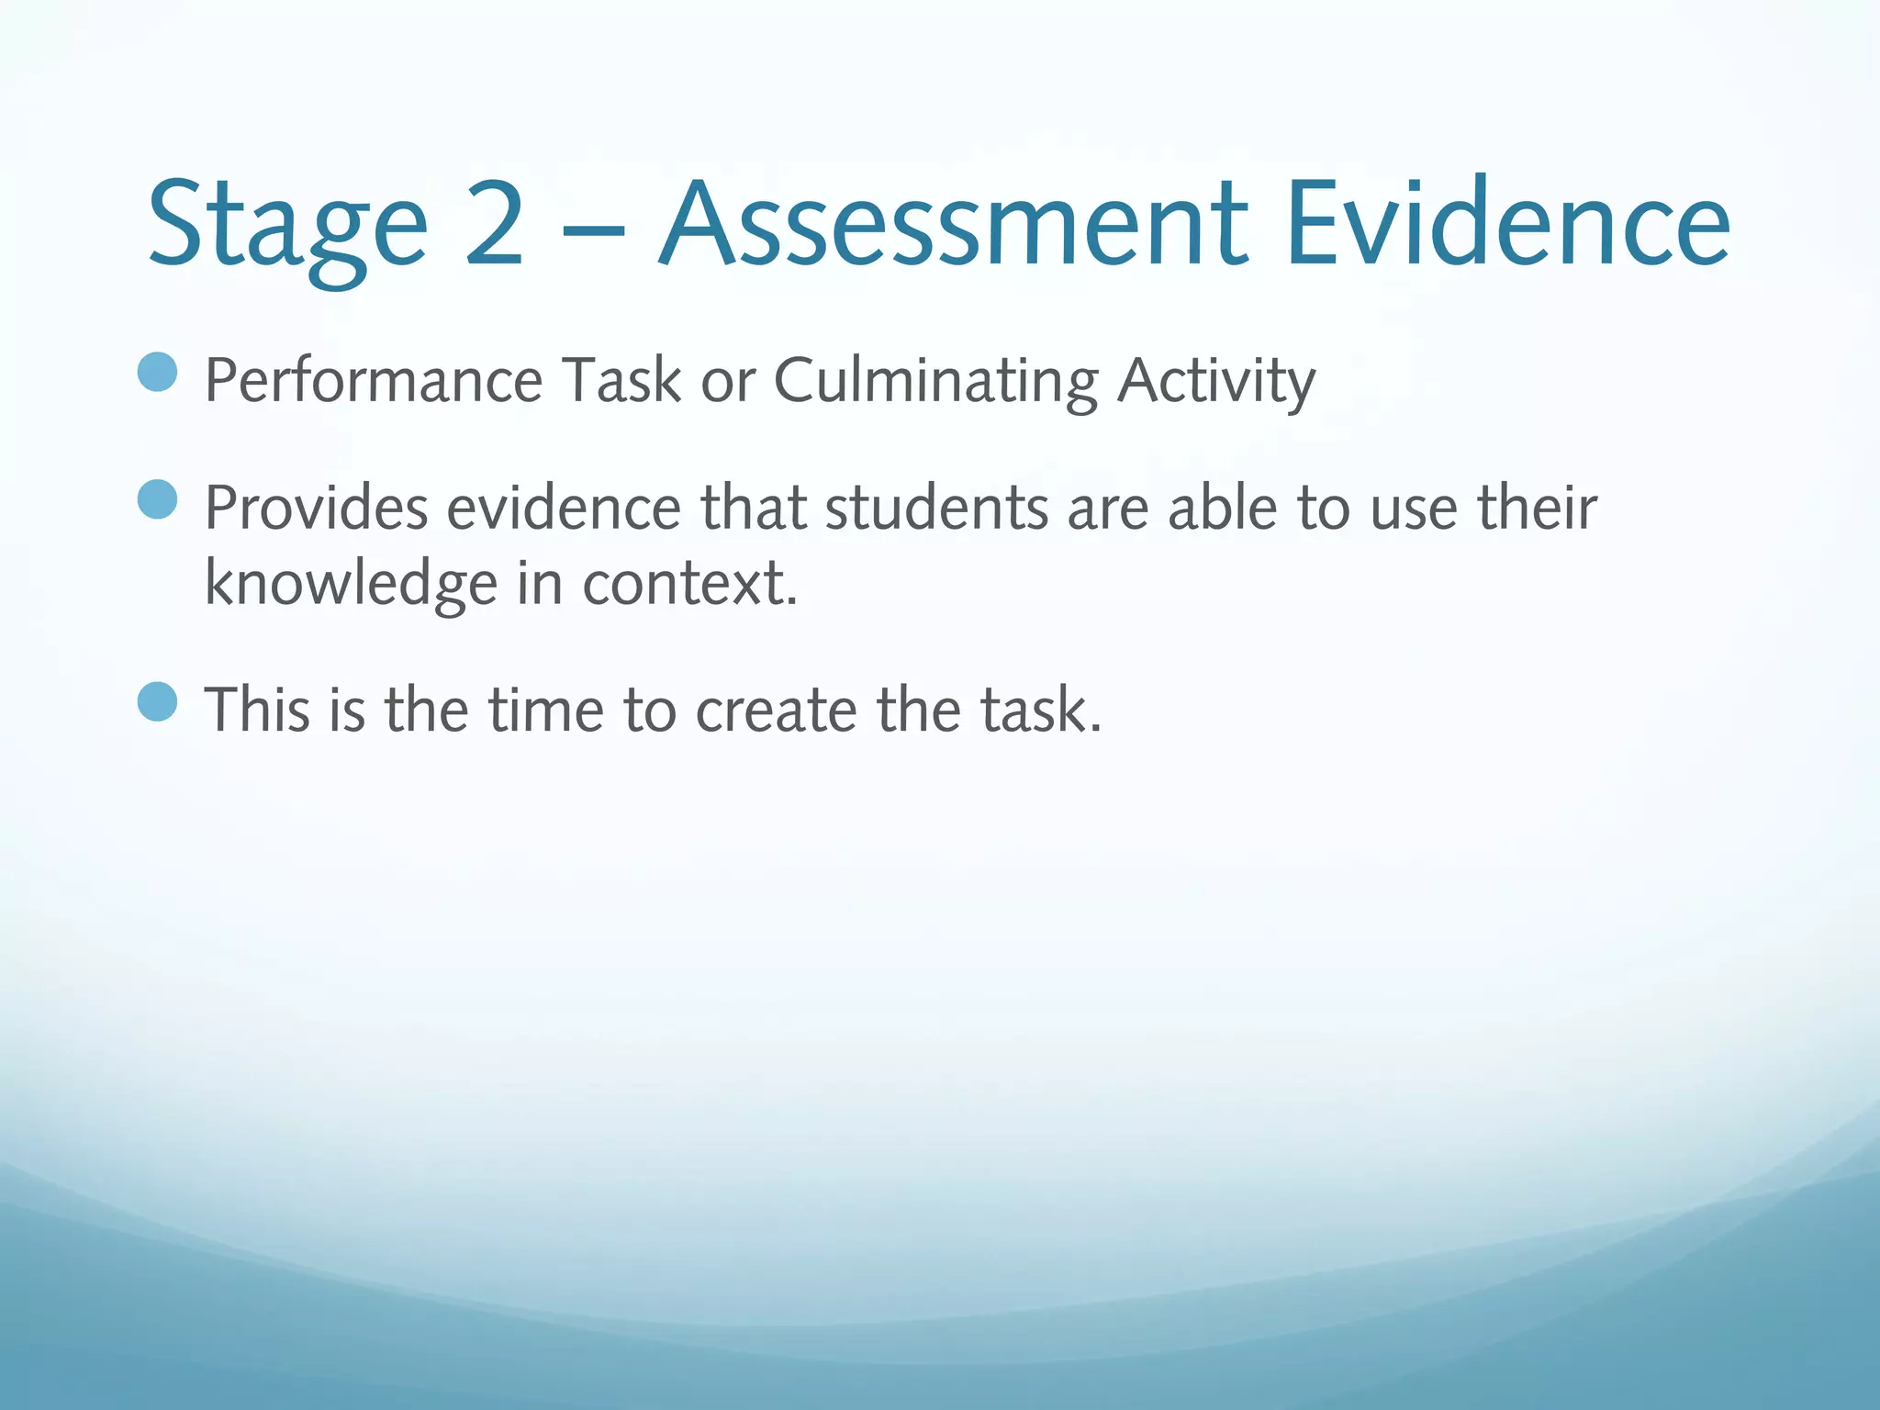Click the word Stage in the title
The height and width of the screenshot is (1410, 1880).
tap(287, 225)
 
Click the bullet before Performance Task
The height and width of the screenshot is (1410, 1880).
tap(157, 372)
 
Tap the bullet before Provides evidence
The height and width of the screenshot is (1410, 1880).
tap(157, 499)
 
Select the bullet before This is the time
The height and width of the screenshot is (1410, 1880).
tap(157, 702)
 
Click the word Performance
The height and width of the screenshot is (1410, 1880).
tap(374, 381)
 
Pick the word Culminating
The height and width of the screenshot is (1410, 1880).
tap(935, 381)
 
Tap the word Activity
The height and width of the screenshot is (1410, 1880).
tap(1216, 381)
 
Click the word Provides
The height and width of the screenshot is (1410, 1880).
tap(316, 508)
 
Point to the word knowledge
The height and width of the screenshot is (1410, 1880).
tap(351, 584)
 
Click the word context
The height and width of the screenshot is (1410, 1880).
tap(689, 584)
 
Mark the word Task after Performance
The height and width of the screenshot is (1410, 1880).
tap(621, 381)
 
